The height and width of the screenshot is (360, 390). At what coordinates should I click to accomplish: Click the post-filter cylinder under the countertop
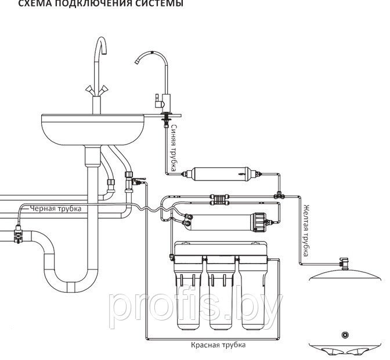[218, 174]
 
